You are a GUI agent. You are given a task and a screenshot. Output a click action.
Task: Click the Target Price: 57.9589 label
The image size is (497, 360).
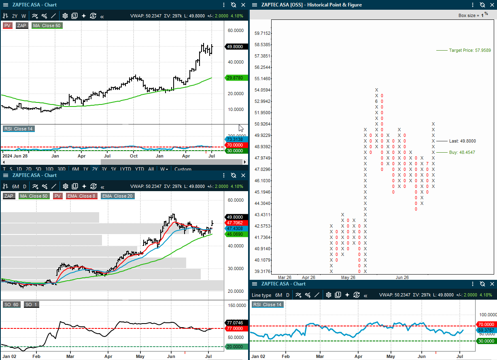click(x=470, y=50)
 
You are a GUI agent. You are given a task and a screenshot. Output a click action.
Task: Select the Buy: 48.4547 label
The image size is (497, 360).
click(x=462, y=153)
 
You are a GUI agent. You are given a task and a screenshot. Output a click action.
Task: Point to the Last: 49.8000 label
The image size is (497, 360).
click(x=462, y=141)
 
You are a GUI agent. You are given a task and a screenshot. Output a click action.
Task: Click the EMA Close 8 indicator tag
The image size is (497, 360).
click(x=81, y=196)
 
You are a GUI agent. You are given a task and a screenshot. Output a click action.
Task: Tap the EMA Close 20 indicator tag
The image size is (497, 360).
click(x=117, y=196)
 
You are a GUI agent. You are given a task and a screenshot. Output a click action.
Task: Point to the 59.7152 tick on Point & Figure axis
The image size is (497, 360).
click(x=263, y=33)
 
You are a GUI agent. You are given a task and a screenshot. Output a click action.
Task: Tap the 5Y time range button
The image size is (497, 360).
click(x=113, y=169)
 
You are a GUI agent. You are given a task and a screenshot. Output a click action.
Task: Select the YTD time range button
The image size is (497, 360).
click(x=139, y=169)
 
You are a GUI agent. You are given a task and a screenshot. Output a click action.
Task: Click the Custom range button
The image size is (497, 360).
click(x=183, y=169)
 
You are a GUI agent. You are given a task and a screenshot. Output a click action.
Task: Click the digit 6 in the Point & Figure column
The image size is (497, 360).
click(x=376, y=101)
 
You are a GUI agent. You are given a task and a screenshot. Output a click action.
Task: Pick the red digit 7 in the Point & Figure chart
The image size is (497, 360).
click(x=427, y=164)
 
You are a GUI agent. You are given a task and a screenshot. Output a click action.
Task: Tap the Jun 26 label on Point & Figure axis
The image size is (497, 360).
click(x=402, y=277)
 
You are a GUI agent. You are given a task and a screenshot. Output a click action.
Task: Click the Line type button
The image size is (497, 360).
click(x=261, y=295)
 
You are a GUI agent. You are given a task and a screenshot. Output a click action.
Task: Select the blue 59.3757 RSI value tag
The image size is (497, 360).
click(x=486, y=330)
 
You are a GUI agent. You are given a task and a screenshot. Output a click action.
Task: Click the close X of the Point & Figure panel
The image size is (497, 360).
click(x=492, y=5)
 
